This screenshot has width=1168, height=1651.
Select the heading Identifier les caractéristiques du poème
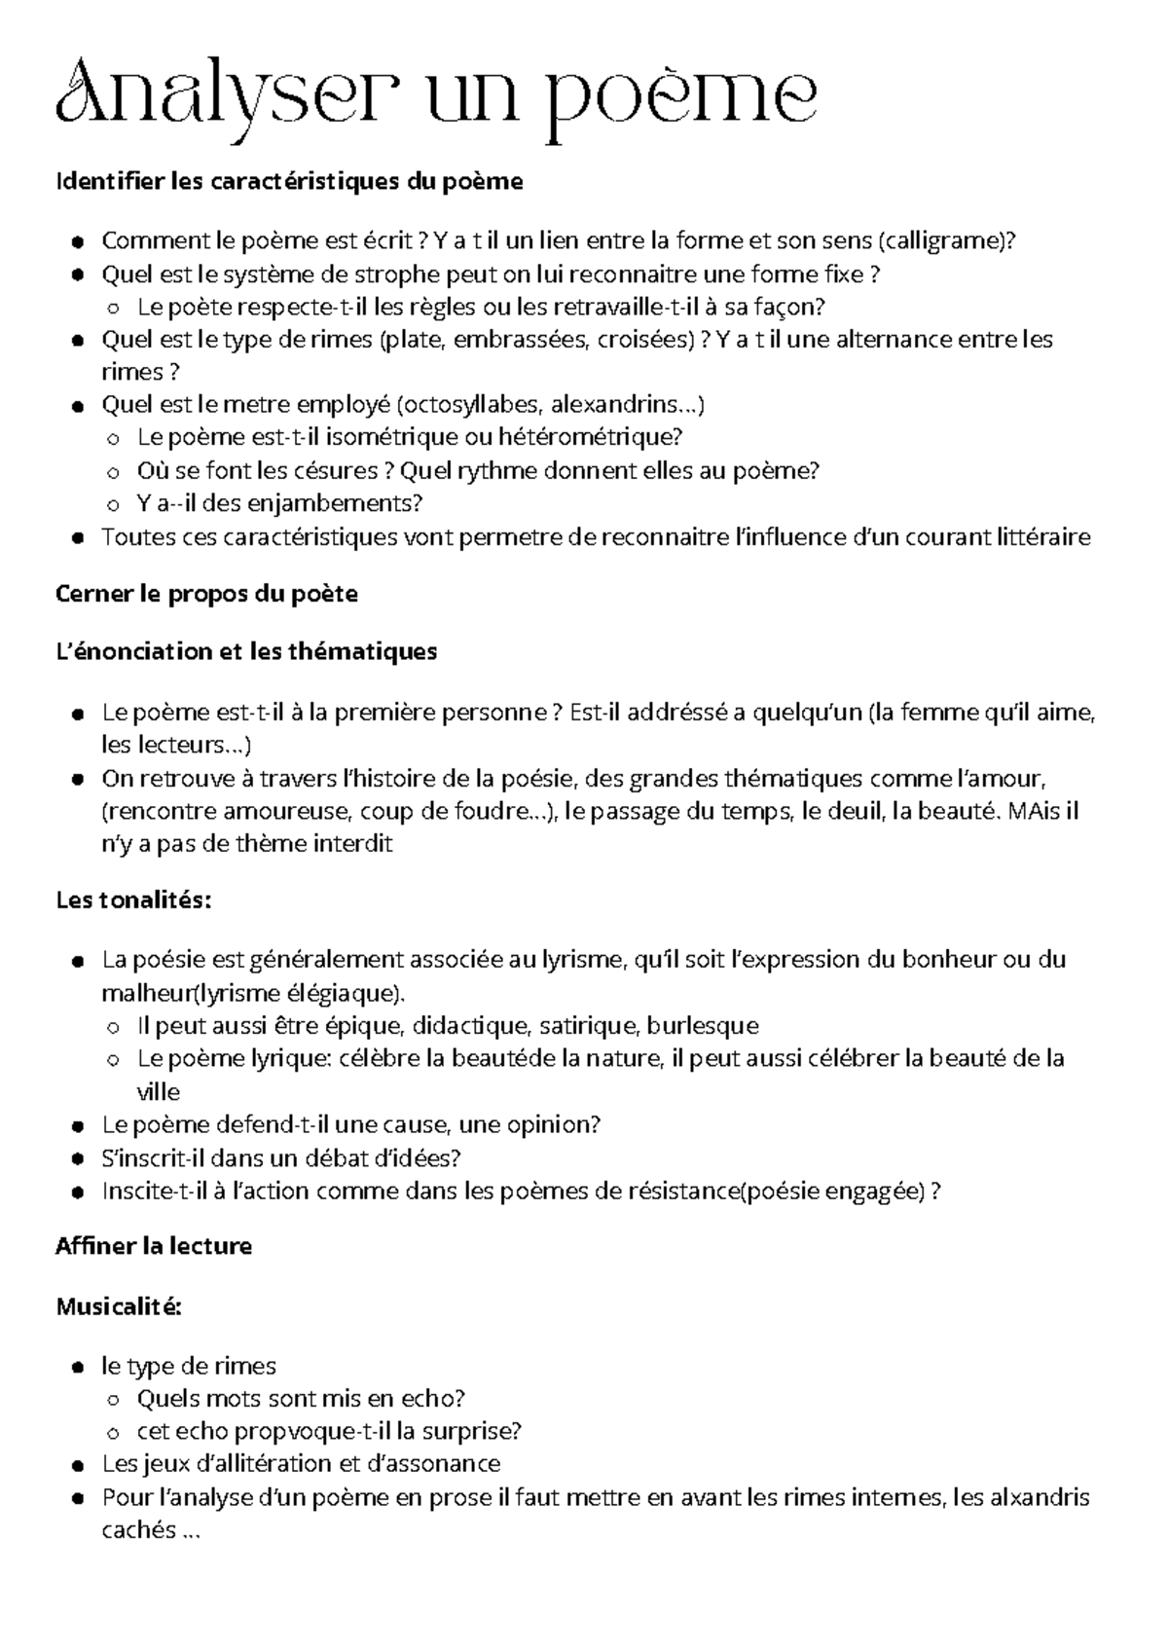tap(289, 181)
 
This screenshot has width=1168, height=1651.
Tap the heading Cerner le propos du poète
tap(206, 594)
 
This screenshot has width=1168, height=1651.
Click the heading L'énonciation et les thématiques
tap(246, 651)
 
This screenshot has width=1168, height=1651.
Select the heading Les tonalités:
tap(132, 900)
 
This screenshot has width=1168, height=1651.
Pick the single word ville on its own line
tap(158, 1091)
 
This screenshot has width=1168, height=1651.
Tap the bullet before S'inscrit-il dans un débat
tap(78, 1158)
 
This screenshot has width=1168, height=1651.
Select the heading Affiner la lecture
tap(154, 1246)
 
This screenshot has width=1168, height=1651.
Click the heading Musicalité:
tap(119, 1306)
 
